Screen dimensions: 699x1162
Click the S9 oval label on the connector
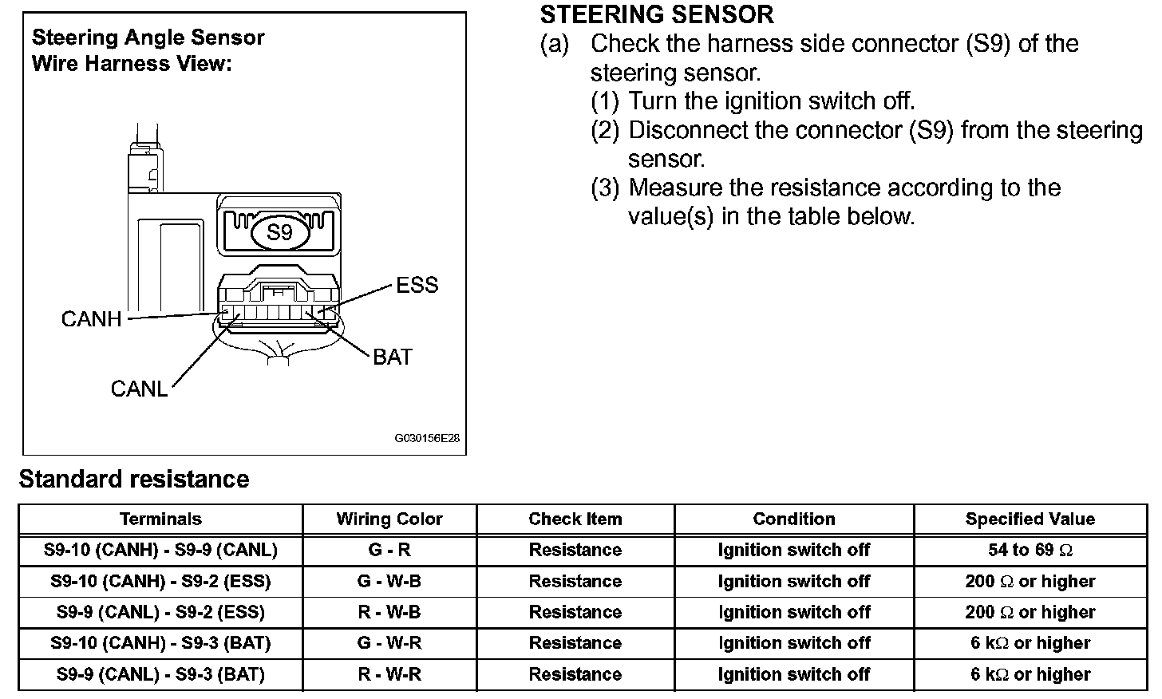coord(279,232)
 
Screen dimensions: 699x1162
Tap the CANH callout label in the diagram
coord(91,319)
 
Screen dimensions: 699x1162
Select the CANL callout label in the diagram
coord(139,389)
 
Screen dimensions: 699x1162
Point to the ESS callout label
coord(417,285)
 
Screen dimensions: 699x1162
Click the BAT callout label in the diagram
coord(393,357)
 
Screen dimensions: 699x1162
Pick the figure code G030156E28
coord(427,439)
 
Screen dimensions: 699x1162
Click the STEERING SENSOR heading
coord(657,14)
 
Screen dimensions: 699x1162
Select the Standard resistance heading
coord(134,479)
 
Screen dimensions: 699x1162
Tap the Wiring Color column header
coord(389,519)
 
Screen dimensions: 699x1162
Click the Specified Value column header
coord(1030,519)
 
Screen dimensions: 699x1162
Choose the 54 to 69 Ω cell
coord(1030,550)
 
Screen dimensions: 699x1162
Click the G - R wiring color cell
coord(389,550)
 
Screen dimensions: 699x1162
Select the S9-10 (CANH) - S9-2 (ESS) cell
coord(160,581)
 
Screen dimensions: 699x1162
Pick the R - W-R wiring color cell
coord(389,674)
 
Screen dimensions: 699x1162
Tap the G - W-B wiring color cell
coord(389,581)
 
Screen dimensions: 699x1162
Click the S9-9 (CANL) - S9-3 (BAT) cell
coord(160,674)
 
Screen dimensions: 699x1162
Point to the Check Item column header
coord(575,519)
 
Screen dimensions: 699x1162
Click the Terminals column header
coord(160,519)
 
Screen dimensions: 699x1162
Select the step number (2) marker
coord(604,130)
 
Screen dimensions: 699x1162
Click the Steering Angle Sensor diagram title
coord(148,38)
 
